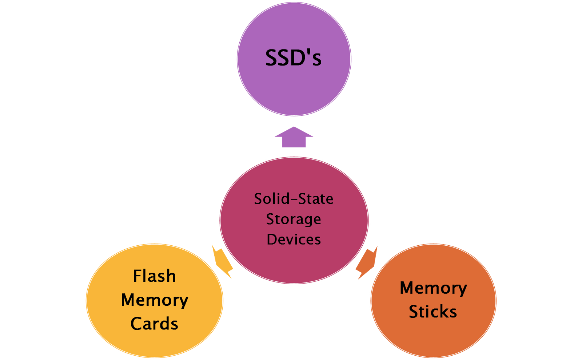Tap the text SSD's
293,58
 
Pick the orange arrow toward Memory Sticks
367,262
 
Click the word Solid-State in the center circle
294,199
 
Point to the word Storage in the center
294,219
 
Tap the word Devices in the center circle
294,240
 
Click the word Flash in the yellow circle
154,276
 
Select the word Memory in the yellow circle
155,300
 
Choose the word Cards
154,324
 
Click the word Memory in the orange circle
433,288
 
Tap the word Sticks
433,312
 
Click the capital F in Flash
137,276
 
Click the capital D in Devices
272,240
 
